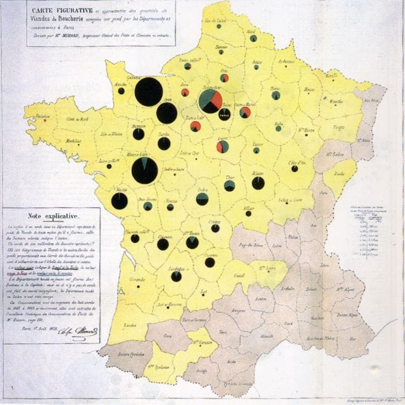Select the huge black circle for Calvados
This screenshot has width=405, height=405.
pyautogui.click(x=149, y=92)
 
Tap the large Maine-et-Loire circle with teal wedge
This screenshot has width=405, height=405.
pyautogui.click(x=145, y=170)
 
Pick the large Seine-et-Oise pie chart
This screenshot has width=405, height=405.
pyautogui.click(x=210, y=101)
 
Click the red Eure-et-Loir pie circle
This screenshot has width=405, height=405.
pyautogui.click(x=196, y=127)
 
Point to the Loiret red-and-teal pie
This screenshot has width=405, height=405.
pyautogui.click(x=222, y=147)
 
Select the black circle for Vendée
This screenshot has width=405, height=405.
pyautogui.click(x=120, y=201)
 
